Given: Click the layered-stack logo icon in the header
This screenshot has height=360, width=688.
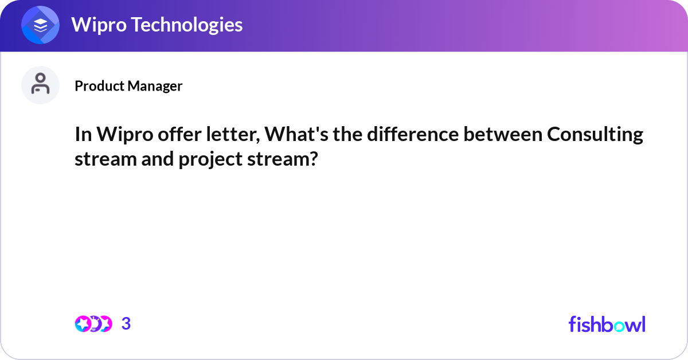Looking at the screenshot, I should click(41, 25).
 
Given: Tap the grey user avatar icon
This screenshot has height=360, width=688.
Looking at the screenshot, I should click(40, 85).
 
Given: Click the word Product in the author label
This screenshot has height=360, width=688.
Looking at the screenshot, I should click(99, 86).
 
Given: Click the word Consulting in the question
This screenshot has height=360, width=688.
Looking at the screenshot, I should click(595, 135).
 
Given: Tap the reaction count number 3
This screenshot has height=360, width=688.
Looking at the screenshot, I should click(126, 324).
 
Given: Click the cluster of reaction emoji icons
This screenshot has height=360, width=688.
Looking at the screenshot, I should click(93, 324).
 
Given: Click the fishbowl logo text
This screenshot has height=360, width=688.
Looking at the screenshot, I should click(607, 324).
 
